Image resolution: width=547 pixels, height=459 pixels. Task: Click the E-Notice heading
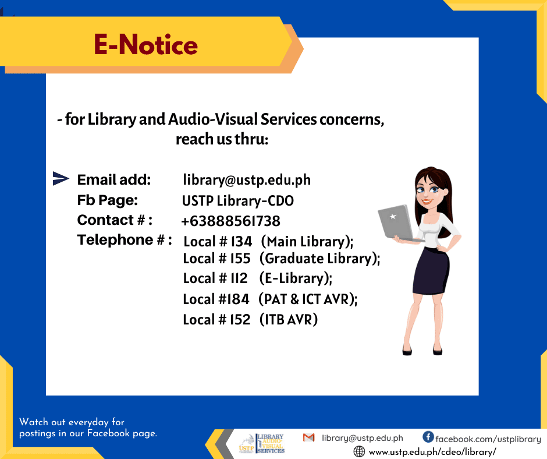[145, 45]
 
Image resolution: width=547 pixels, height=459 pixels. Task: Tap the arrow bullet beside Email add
[61, 178]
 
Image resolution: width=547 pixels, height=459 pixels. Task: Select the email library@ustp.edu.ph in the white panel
[247, 180]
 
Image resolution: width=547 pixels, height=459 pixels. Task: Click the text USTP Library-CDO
[237, 201]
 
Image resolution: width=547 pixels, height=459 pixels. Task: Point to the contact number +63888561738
[230, 221]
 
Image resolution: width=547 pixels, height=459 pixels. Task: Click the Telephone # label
[125, 240]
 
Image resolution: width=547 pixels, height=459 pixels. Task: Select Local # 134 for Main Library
[218, 241]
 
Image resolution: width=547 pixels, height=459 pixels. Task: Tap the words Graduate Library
[319, 259]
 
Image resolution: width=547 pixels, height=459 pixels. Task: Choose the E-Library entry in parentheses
[296, 278]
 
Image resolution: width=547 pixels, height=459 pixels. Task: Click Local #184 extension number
[216, 299]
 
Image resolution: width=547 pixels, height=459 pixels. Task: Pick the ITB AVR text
[289, 320]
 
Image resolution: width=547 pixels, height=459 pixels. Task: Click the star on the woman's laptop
[393, 217]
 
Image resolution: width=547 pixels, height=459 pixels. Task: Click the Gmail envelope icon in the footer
[309, 437]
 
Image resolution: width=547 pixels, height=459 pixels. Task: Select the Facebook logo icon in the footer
[428, 437]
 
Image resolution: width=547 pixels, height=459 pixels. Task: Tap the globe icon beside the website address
[359, 451]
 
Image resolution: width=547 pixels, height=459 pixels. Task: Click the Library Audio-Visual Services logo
[262, 444]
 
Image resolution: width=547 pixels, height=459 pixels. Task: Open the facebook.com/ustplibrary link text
[488, 439]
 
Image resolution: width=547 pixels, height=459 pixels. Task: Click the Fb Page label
[108, 200]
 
